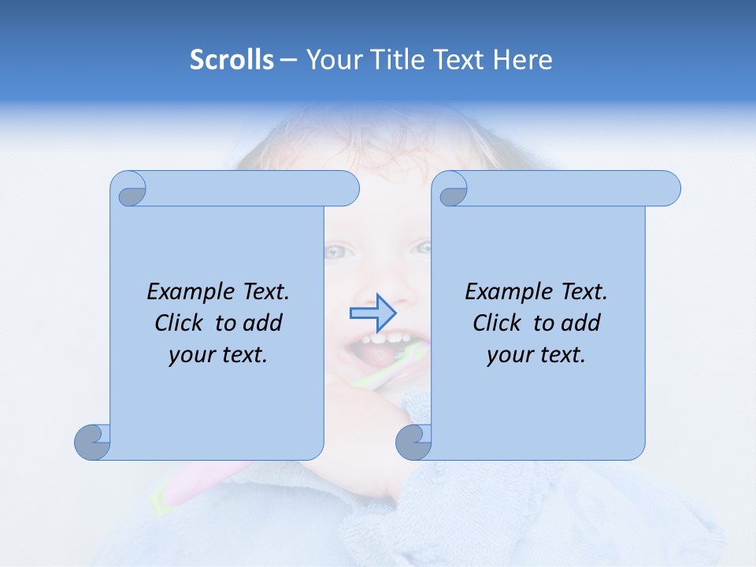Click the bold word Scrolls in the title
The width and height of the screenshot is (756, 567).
232,60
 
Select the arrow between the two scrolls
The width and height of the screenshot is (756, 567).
372,313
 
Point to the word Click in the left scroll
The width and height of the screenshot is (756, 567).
182,323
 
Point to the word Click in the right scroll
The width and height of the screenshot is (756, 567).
500,323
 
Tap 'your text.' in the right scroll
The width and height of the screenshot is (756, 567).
536,354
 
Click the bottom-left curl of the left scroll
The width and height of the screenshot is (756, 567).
92,442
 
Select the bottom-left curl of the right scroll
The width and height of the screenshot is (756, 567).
413,442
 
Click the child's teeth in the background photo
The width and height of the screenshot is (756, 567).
385,341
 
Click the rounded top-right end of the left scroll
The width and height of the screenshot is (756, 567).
346,189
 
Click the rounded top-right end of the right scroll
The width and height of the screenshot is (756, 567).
668,189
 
